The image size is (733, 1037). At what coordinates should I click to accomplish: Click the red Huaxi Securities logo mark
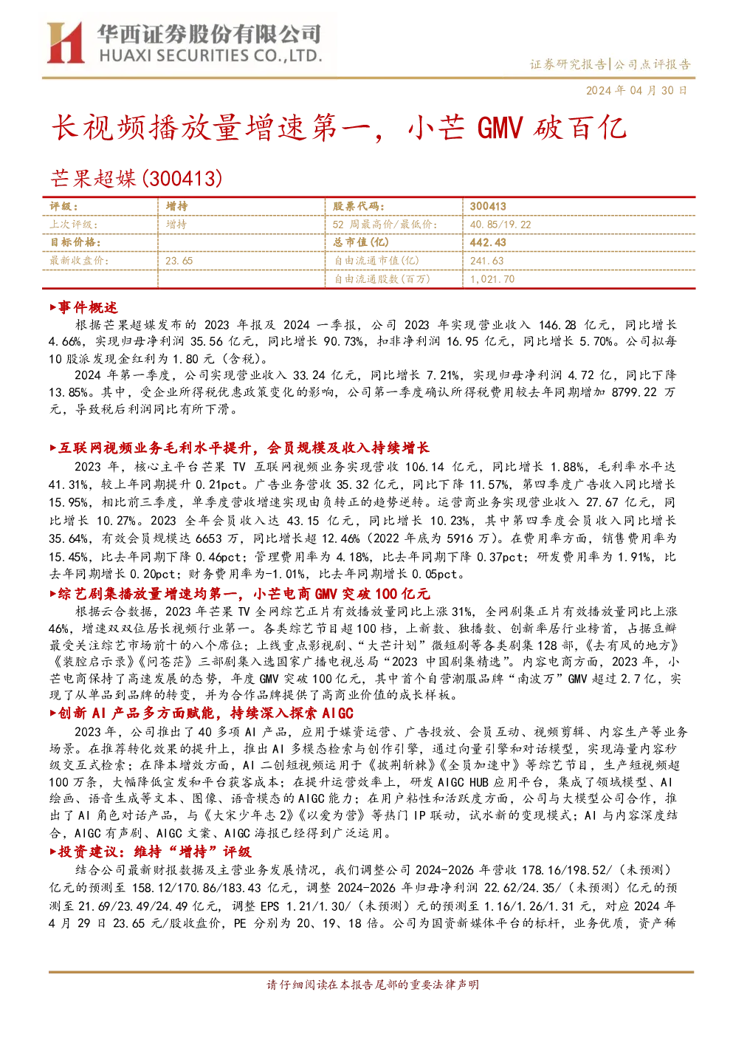click(x=65, y=42)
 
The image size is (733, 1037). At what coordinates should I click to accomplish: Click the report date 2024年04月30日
click(x=636, y=90)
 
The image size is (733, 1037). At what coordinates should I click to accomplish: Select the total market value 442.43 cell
click(x=488, y=242)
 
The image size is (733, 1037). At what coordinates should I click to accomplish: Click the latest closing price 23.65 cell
click(x=179, y=261)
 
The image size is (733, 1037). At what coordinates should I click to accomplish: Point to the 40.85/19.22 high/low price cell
click(x=500, y=225)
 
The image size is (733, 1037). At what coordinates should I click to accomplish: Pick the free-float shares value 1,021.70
click(x=492, y=278)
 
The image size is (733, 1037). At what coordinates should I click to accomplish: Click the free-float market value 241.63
click(x=486, y=261)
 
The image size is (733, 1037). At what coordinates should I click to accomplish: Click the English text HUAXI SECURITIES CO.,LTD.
click(x=210, y=56)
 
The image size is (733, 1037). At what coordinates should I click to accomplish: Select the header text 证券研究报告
click(x=568, y=64)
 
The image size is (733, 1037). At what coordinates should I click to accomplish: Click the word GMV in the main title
click(x=500, y=127)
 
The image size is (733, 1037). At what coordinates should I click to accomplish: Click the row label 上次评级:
click(x=74, y=225)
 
